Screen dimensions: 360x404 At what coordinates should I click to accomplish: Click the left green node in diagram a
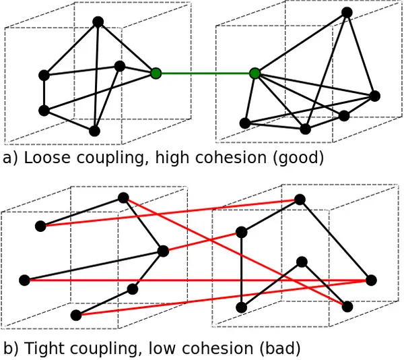click(156, 73)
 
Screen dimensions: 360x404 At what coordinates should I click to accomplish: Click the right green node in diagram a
click(255, 73)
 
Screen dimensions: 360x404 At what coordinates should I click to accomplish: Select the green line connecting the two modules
click(205, 73)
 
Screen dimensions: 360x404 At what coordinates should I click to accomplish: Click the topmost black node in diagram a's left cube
click(98, 22)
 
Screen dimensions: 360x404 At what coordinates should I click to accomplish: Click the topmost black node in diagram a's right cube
click(347, 12)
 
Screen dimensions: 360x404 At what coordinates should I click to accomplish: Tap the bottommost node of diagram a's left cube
click(94, 131)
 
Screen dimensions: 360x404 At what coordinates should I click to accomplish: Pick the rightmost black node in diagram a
click(375, 96)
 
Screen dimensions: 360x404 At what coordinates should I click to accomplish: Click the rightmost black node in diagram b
click(371, 280)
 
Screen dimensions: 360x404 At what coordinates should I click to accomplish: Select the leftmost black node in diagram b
click(25, 280)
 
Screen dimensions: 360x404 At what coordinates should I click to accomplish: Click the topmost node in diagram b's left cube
click(123, 198)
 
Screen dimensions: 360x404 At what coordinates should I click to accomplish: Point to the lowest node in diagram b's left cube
click(76, 315)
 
